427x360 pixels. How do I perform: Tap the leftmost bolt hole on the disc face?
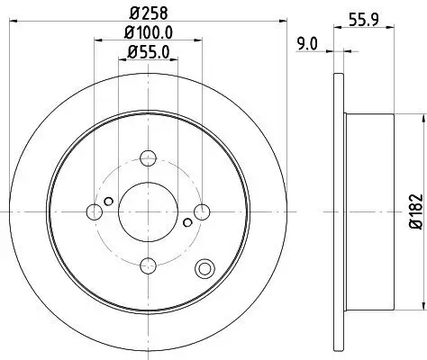pos(94,212)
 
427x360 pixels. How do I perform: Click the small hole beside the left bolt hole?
pos(109,201)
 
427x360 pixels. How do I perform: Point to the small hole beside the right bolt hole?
pos(187,222)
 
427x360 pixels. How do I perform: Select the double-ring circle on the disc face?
pos(205,266)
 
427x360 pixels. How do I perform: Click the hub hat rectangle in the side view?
pos(369,212)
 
